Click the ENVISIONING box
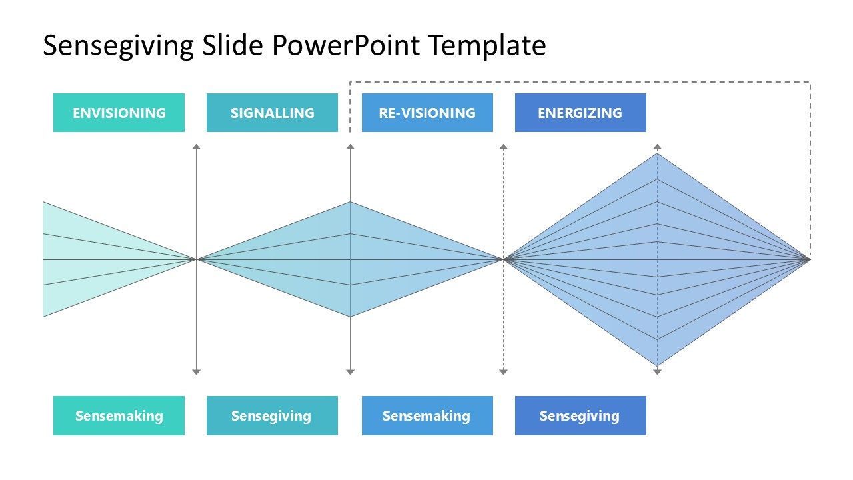[119, 113]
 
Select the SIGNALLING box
[272, 113]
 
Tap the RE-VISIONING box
[427, 113]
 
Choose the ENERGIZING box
[580, 113]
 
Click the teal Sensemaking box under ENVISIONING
[119, 416]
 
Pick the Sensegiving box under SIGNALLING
[272, 416]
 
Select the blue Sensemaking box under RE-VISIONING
[427, 416]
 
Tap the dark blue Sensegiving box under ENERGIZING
[580, 416]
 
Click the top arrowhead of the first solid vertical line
[196, 146]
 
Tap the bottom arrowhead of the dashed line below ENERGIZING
[657, 371]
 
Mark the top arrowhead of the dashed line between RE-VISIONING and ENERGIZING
[503, 146]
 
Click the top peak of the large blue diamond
[657, 153]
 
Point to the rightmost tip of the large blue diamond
[810, 259]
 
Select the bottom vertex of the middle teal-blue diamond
[351, 317]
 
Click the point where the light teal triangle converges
[196, 259]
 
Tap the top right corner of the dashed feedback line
[810, 82]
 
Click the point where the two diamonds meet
[503, 259]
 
